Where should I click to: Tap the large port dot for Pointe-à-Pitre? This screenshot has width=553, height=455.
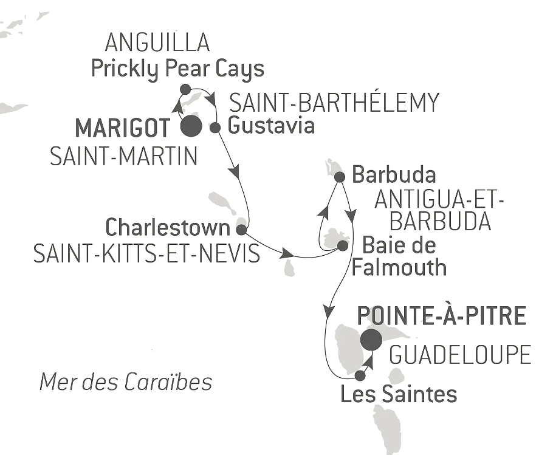371,340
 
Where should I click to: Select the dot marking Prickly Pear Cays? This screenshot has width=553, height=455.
186,89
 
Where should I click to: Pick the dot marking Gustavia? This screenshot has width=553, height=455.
215,128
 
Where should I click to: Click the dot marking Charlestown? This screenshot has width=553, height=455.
241,230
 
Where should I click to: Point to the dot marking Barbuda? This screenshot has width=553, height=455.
340,177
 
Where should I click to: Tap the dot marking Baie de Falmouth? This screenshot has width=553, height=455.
342,245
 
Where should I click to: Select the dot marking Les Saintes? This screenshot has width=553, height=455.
360,375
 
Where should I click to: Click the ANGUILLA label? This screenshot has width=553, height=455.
157,43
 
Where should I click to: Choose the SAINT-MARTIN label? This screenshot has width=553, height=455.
123,157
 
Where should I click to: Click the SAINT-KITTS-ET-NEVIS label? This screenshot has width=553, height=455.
146,253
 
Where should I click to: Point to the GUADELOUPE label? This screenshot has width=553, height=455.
460,355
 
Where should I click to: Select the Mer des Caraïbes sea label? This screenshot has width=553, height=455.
126,382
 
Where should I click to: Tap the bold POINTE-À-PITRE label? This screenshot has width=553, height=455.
441,316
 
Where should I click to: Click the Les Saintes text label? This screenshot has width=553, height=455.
399,395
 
